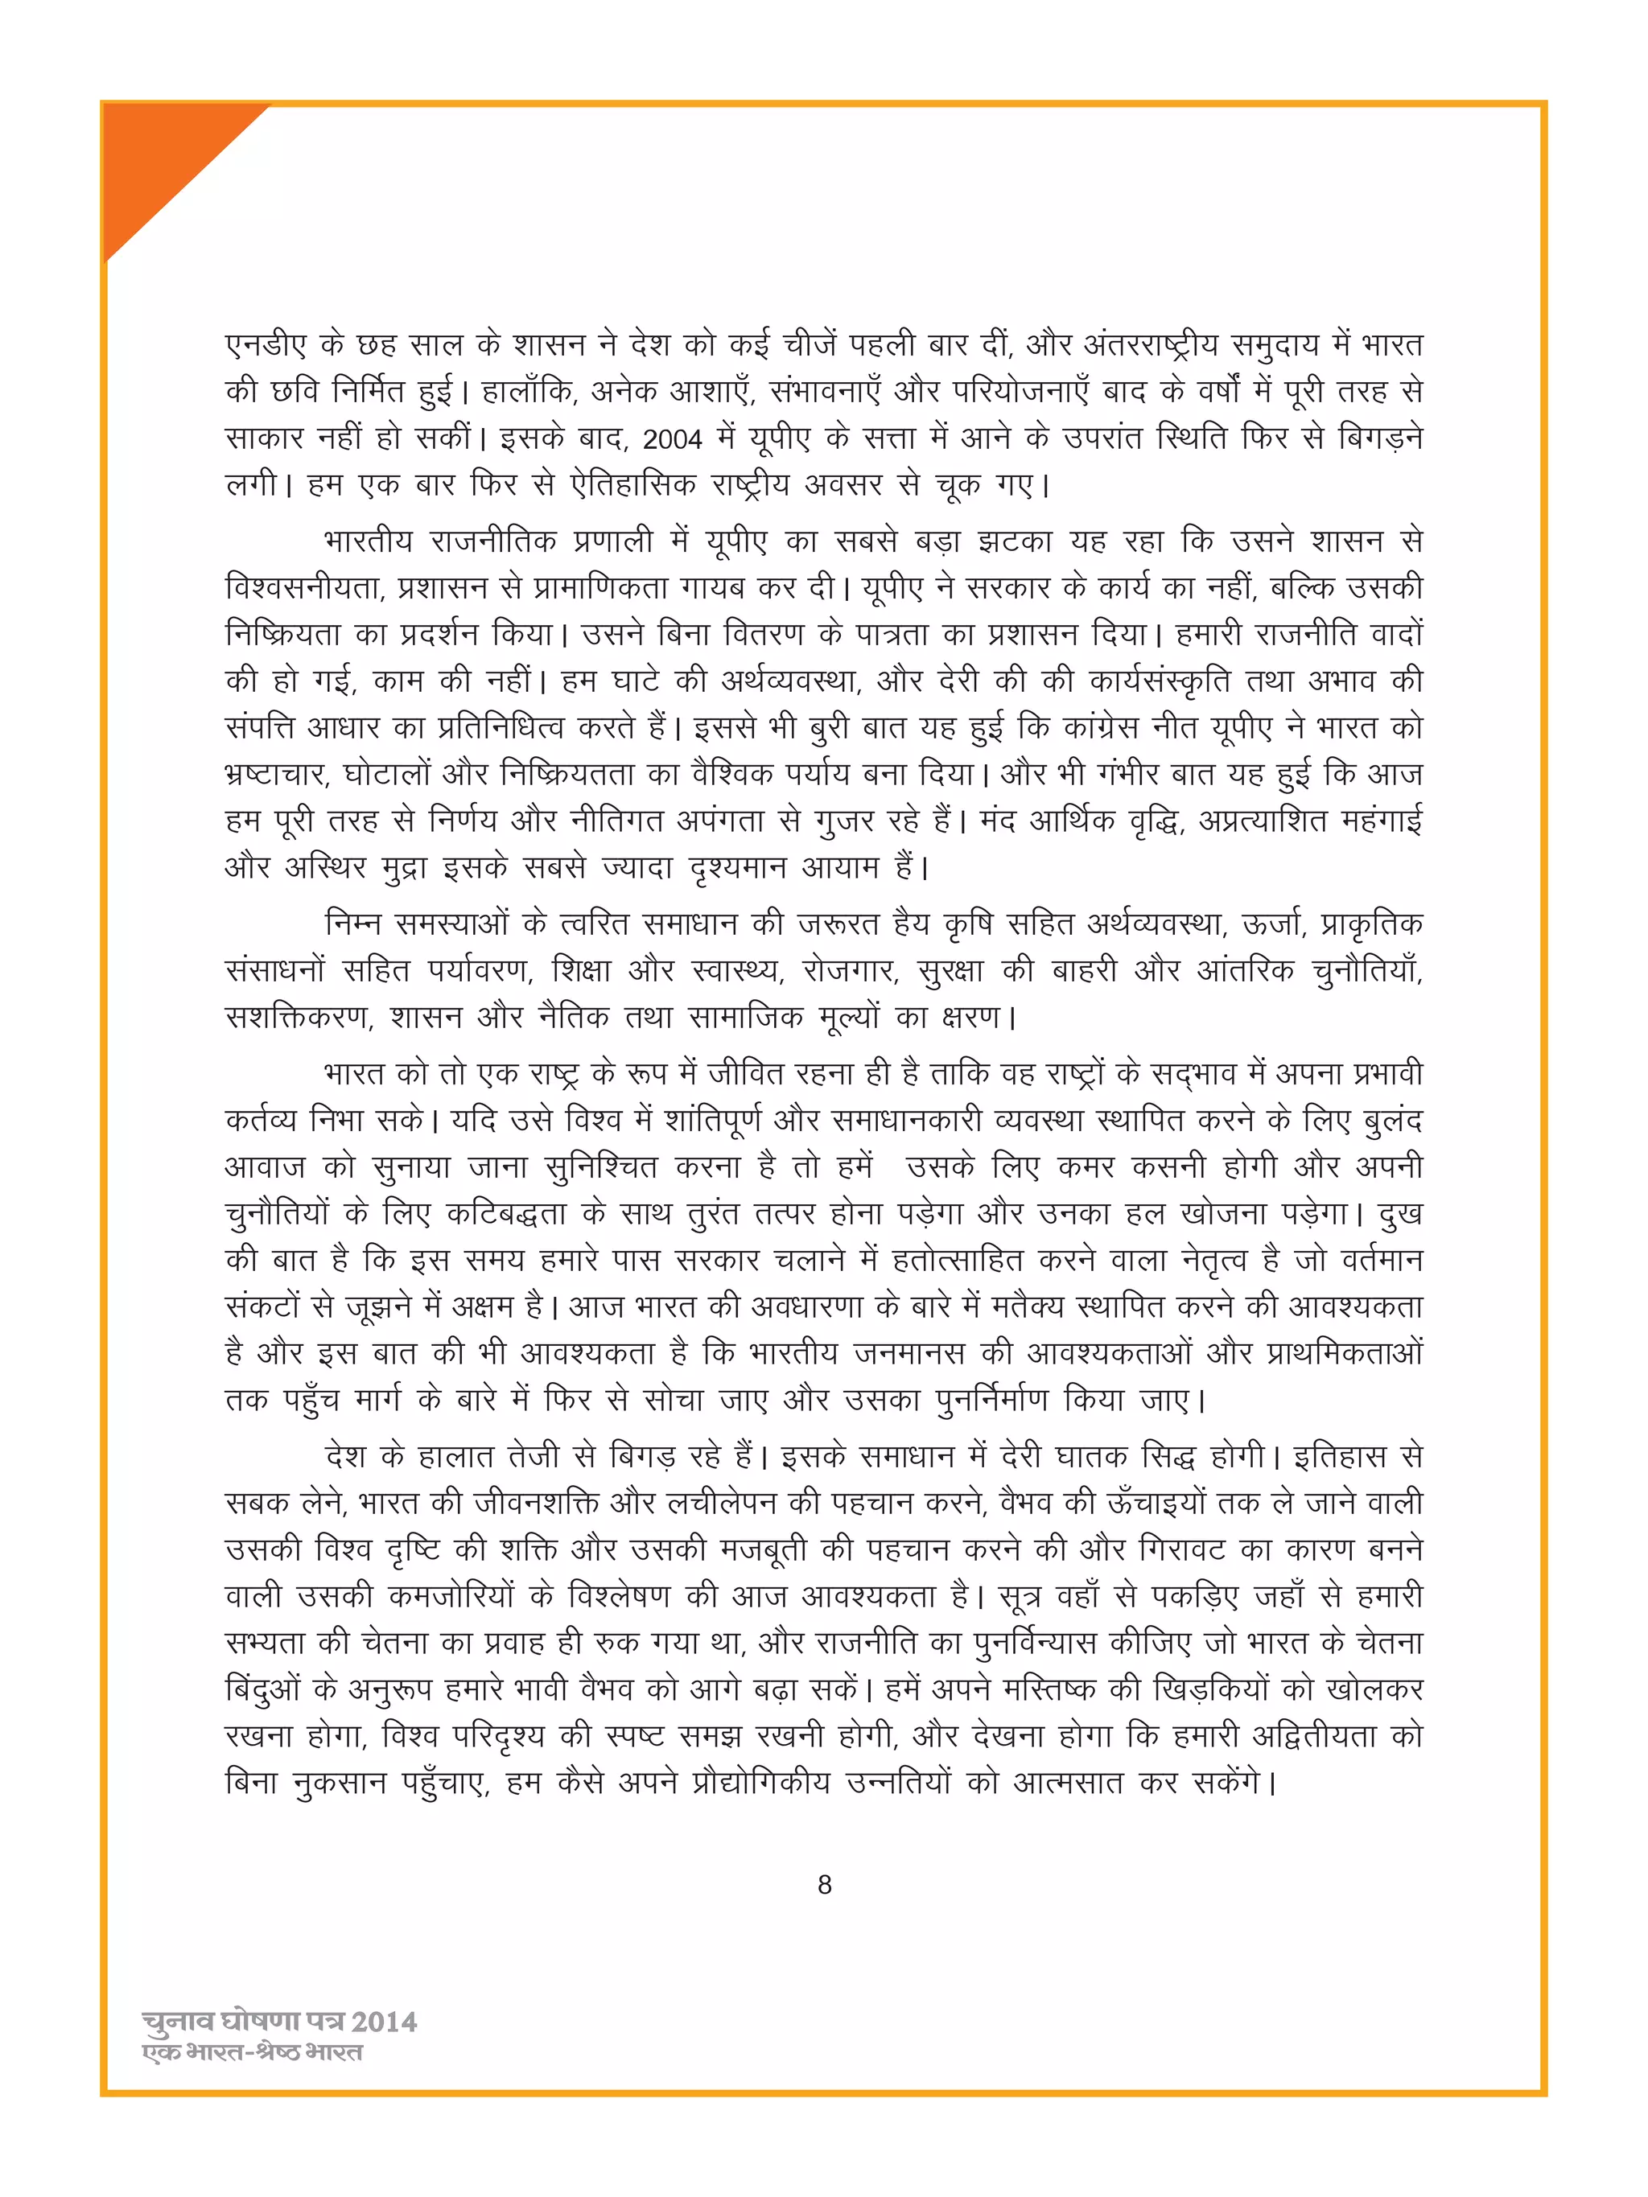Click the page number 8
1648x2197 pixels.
click(x=823, y=1884)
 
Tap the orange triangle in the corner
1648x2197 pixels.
click(x=159, y=159)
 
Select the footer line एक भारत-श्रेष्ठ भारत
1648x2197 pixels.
click(x=253, y=2052)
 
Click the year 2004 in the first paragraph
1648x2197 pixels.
click(x=672, y=438)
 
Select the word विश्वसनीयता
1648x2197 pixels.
click(x=304, y=588)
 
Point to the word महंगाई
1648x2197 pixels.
click(x=1381, y=821)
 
